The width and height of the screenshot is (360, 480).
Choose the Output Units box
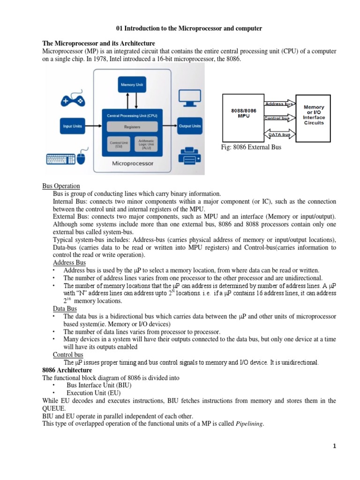[189, 126]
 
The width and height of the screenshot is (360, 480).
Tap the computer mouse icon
[81, 158]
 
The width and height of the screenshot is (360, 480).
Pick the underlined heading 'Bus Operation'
[61, 186]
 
